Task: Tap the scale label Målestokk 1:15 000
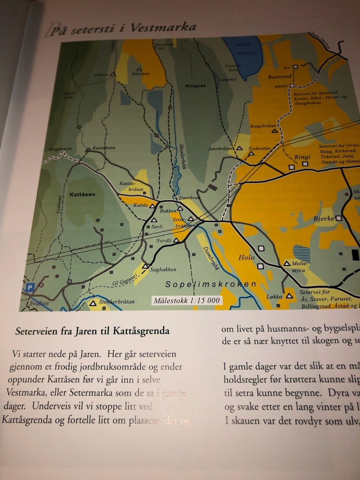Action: tap(186, 300)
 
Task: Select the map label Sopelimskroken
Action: tap(211, 284)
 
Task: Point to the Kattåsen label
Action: tap(82, 195)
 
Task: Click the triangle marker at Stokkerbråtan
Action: tap(93, 303)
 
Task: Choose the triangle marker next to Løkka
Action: tap(289, 296)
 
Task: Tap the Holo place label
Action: tap(246, 258)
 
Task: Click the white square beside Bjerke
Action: tap(339, 218)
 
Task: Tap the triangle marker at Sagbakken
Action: tap(145, 266)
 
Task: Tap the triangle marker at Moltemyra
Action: tap(287, 264)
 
